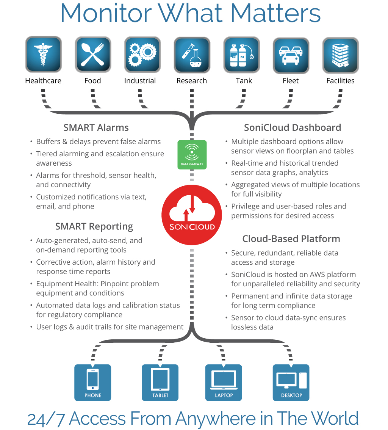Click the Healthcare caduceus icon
[x=43, y=55]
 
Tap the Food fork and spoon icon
[x=93, y=55]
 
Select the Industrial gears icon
[x=142, y=55]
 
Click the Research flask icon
[x=192, y=55]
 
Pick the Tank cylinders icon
[x=241, y=55]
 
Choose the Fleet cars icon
[x=291, y=55]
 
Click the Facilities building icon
[x=340, y=55]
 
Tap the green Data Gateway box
[x=192, y=155]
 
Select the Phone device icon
[x=93, y=382]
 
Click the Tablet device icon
[x=160, y=382]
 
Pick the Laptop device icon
[x=224, y=382]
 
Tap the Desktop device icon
[x=291, y=382]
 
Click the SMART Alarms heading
[x=96, y=128]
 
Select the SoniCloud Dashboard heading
[x=292, y=128]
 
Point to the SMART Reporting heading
[x=94, y=227]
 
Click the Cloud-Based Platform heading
[x=291, y=239]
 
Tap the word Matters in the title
[x=275, y=13]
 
